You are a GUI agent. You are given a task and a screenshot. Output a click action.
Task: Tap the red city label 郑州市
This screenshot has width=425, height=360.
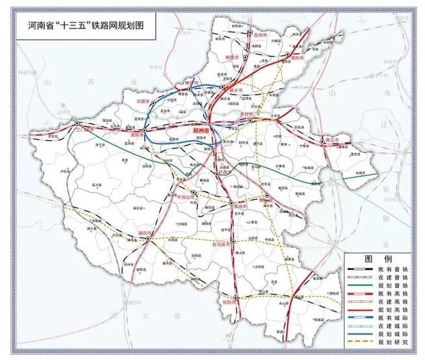203,130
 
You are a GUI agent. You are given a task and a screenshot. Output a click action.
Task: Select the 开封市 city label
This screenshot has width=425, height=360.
247,113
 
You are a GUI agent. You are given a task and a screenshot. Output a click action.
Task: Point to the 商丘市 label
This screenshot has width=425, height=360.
332,139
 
